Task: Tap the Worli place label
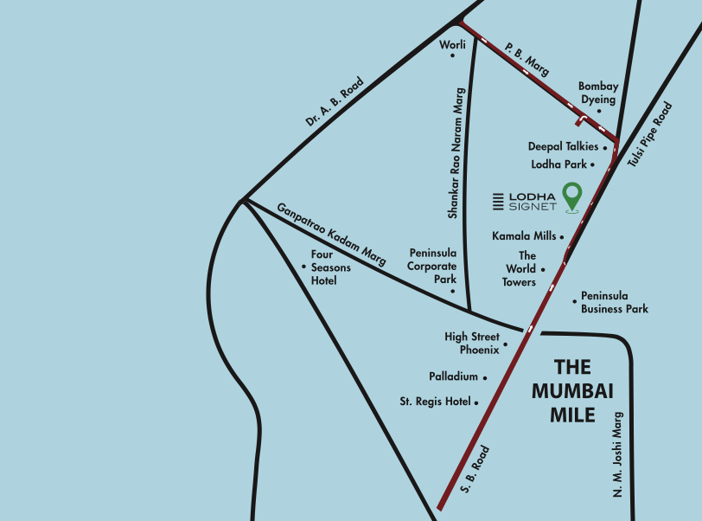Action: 453,44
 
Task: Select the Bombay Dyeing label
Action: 598,93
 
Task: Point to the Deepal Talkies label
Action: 563,147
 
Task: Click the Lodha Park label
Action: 558,164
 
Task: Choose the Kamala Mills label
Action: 524,235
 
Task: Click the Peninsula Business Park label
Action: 614,302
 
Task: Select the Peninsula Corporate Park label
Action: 432,267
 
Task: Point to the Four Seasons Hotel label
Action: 330,267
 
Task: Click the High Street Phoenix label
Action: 472,343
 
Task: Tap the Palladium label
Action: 453,377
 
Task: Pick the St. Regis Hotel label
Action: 435,402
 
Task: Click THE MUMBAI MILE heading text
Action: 572,391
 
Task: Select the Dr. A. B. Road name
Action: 335,102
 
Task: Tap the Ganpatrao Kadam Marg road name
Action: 331,234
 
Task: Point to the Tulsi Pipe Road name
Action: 649,135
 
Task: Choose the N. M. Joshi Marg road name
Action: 618,453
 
